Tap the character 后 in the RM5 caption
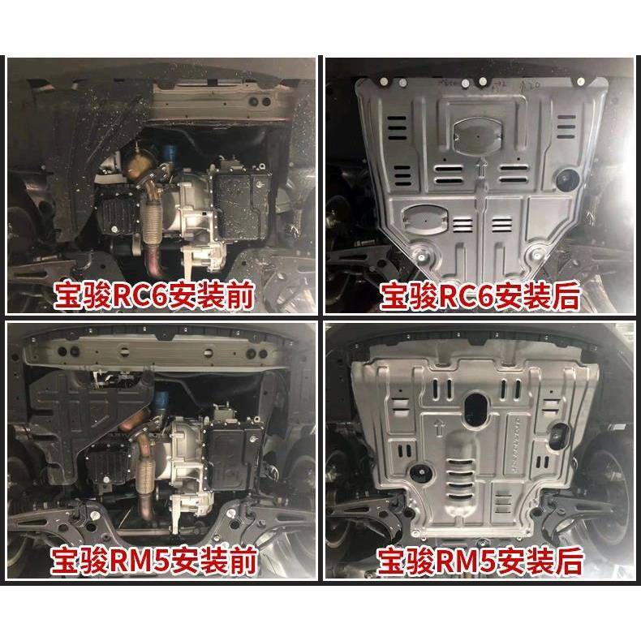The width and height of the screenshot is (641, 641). (x=567, y=561)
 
